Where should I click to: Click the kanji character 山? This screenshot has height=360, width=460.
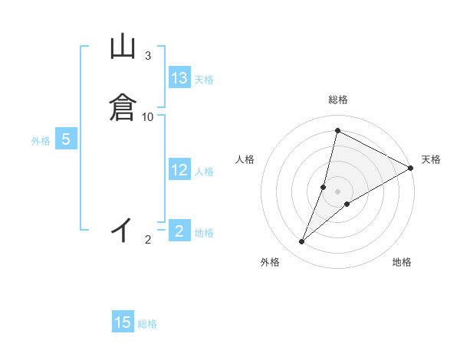point(123,47)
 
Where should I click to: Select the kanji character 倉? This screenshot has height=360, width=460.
point(123,106)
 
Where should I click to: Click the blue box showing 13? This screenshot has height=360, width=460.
point(179,78)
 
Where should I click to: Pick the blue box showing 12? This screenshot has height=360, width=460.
point(179,170)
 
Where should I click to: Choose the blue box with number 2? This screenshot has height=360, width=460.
point(179,231)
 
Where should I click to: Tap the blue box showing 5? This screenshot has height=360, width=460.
point(66,139)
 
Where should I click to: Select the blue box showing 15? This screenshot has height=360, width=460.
point(123,322)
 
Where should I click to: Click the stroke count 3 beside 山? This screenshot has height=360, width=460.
point(148,56)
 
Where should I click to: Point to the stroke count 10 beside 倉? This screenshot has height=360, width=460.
point(148,116)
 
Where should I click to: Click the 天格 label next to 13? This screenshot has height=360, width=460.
point(204,80)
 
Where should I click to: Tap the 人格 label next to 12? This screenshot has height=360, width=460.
point(204,172)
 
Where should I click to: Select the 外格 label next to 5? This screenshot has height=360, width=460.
point(41,141)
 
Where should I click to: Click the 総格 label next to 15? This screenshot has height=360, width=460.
point(147,324)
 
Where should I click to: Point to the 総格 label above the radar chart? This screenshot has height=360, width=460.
point(338,100)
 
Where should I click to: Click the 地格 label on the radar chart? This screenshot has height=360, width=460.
point(402,262)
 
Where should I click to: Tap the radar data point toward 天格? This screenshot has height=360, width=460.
point(411,169)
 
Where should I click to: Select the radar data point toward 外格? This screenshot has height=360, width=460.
point(302,242)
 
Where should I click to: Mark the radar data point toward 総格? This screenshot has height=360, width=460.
point(337,130)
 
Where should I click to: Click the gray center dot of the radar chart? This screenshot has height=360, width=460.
point(338,191)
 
